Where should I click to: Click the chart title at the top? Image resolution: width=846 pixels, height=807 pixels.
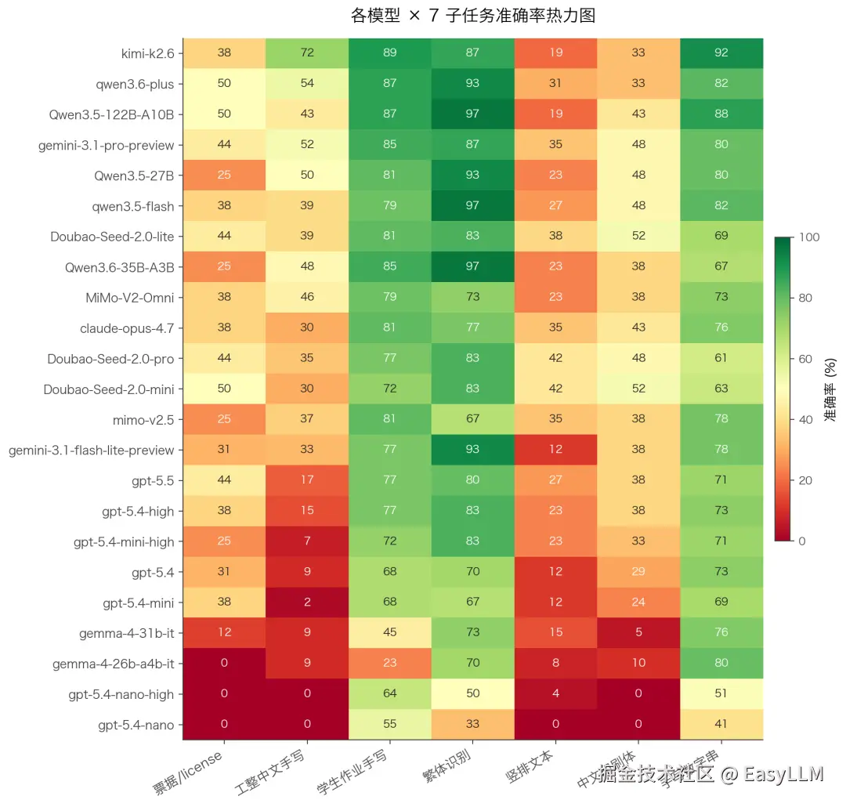click(x=473, y=15)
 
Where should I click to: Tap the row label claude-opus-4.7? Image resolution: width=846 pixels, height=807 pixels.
click(x=127, y=328)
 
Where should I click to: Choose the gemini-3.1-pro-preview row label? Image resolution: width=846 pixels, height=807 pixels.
click(x=106, y=145)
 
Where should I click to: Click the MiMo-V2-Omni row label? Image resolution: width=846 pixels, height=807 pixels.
click(x=129, y=297)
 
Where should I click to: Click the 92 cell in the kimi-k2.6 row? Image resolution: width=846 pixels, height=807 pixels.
click(x=721, y=53)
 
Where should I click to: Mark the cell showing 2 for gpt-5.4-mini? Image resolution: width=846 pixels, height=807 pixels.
click(x=307, y=603)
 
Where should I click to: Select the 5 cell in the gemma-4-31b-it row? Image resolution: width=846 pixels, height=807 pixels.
click(x=638, y=633)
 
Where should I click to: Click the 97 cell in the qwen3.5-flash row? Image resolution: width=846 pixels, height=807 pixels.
click(x=472, y=206)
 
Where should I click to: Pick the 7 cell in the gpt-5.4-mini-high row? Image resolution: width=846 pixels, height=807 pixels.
click(x=307, y=541)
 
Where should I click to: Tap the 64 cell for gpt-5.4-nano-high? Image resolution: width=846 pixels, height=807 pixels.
click(x=390, y=694)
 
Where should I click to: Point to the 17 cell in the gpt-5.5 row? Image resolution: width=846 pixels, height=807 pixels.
click(x=307, y=480)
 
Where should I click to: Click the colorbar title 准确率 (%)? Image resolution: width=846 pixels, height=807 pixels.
click(x=831, y=389)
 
